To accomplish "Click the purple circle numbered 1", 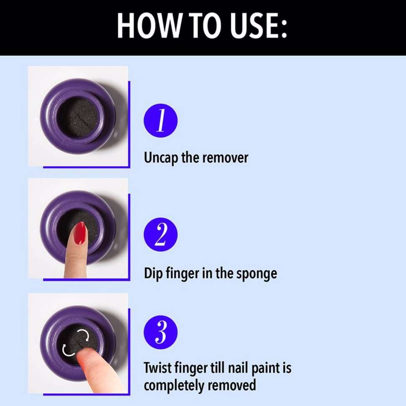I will point(160,121).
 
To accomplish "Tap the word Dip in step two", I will point(153,274).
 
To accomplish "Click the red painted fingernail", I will point(79,233).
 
